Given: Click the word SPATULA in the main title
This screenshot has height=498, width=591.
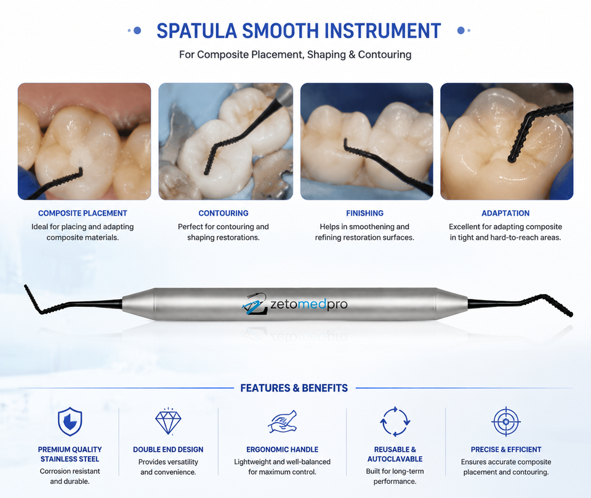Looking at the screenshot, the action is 196,31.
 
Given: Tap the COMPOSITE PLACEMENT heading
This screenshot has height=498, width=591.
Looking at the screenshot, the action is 82,213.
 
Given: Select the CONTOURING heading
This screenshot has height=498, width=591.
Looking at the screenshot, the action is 223,213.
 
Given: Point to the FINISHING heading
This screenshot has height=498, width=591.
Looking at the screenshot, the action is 365,213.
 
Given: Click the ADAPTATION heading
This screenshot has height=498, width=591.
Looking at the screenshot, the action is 505,213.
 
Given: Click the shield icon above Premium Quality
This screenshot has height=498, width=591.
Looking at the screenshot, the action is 70,422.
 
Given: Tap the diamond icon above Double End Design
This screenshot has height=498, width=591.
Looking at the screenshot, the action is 168,421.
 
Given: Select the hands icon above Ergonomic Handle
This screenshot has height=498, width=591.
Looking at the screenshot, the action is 283,422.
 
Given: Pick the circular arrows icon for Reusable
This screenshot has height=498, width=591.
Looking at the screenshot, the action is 395,422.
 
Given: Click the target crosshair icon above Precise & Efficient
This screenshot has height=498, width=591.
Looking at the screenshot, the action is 506,422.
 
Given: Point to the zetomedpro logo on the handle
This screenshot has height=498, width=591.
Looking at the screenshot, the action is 294,304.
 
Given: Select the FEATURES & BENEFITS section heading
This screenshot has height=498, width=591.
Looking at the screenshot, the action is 294,388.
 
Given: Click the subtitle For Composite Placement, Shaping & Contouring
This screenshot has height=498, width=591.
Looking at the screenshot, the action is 295,55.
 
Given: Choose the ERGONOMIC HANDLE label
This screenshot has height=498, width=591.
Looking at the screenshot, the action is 283,450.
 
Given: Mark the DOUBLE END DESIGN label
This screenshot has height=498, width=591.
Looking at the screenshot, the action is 168,450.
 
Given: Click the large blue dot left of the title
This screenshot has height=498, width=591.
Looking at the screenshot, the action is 137,30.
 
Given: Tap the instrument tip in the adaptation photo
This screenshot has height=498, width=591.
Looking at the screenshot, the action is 512,160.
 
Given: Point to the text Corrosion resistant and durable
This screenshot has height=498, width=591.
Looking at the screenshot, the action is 70,476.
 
